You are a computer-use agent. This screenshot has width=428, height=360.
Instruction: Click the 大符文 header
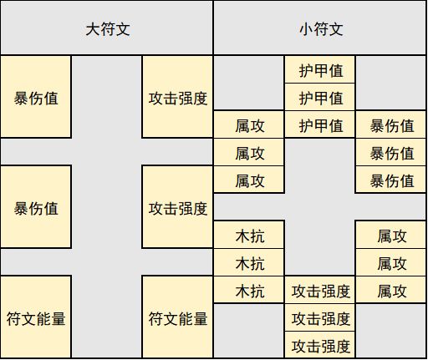point(107,28)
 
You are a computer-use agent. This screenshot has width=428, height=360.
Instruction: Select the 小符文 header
point(320,28)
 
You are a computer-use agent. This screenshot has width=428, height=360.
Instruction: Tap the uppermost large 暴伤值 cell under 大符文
point(36,97)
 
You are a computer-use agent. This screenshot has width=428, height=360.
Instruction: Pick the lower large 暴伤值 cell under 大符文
point(36,206)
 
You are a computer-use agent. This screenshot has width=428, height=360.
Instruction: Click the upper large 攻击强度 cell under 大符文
point(177,97)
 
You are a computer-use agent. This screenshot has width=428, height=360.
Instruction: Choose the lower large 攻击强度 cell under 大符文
point(177,206)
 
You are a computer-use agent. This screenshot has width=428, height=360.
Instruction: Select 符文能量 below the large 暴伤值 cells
point(36,317)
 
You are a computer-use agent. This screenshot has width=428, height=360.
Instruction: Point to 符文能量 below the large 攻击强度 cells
point(177,317)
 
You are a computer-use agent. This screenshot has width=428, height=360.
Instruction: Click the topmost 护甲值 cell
point(320,69)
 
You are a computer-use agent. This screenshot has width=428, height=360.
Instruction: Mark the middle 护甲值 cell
point(320,97)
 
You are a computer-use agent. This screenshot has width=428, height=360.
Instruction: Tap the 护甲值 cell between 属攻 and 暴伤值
point(320,124)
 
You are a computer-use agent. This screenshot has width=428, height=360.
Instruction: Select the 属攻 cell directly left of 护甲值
point(249,124)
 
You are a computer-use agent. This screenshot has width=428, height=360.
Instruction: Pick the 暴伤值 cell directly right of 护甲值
point(390,124)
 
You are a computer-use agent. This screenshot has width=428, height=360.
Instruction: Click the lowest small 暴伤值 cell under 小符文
point(390,180)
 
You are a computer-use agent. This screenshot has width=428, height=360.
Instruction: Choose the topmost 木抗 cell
point(249,235)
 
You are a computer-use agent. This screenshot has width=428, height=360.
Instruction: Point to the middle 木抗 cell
point(249,262)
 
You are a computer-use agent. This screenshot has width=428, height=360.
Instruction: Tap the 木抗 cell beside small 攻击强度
point(249,290)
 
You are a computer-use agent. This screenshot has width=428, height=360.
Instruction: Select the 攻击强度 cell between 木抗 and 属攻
point(320,290)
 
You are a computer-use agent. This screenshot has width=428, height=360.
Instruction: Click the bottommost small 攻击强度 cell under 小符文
point(320,345)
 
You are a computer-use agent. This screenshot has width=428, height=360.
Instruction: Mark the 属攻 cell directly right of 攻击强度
point(390,290)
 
